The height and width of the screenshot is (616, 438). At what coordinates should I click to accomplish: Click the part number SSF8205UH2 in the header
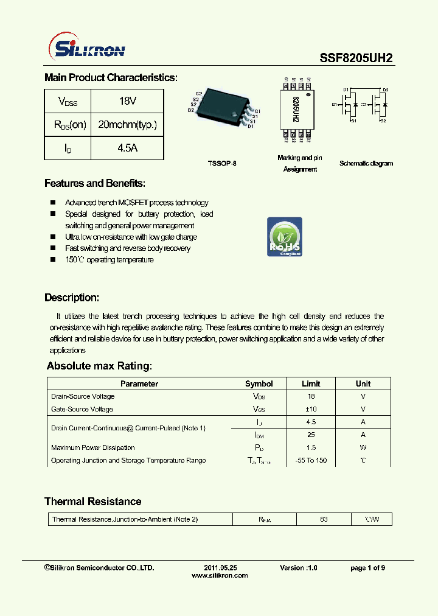click(356, 58)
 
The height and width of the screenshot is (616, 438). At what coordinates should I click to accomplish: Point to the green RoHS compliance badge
click(285, 237)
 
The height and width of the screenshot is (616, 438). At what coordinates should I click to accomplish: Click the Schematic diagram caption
click(366, 163)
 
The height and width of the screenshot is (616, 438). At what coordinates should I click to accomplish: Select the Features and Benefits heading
click(95, 183)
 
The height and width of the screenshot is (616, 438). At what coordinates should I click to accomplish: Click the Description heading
click(72, 298)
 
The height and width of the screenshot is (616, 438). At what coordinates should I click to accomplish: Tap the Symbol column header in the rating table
click(259, 384)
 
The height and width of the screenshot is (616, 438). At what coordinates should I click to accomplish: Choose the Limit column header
click(311, 384)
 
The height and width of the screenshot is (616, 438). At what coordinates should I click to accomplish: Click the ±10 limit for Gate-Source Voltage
click(311, 409)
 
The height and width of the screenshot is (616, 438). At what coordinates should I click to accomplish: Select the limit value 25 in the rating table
click(311, 435)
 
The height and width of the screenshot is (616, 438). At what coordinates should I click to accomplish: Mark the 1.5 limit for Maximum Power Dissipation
click(311, 447)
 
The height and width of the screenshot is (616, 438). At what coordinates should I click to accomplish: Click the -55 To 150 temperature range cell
click(311, 460)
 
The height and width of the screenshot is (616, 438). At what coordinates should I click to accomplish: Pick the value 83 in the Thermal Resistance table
click(324, 519)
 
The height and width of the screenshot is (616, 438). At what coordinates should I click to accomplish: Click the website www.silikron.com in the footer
click(220, 575)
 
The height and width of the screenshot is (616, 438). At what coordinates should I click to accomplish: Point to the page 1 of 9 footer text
click(367, 567)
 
